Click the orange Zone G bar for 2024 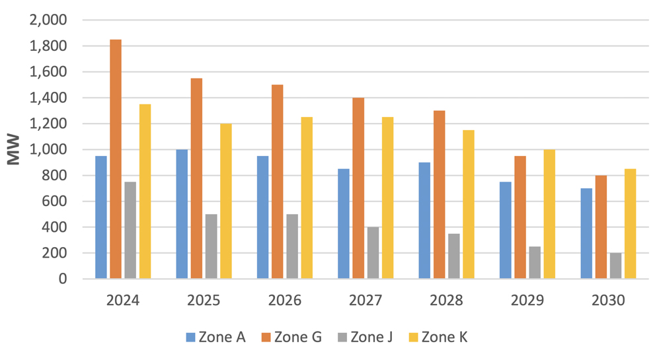tap(116, 159)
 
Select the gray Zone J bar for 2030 tap(615, 266)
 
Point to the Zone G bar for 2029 tap(520, 217)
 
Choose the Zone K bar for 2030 tap(630, 224)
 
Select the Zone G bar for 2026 tap(278, 182)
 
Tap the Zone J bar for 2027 tap(373, 253)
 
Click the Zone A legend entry tap(215, 338)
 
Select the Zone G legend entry tap(290, 338)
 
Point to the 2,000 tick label tap(48, 20)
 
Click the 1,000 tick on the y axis tap(48, 149)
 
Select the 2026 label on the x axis tap(284, 301)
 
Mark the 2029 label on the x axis tap(527, 301)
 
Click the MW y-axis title tap(13, 149)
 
